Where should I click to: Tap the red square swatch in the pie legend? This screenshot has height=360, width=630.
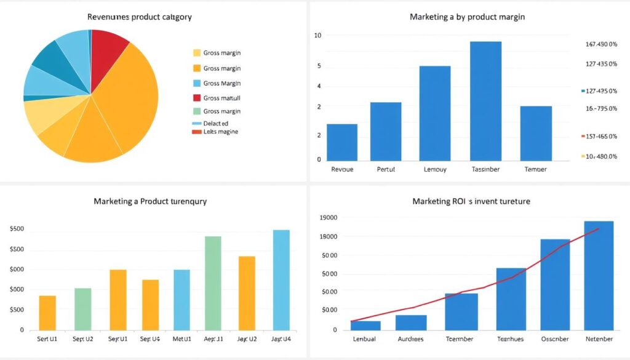pos(197,98)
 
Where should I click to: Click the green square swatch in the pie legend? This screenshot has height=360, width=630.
pos(197,111)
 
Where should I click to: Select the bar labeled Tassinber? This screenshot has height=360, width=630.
pos(485,101)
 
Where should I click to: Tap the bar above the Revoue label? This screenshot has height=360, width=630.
pos(341,142)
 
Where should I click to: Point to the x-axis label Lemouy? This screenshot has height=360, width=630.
pos(435,169)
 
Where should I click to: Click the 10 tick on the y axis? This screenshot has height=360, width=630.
pos(317,36)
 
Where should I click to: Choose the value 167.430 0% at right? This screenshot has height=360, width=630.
pos(601,44)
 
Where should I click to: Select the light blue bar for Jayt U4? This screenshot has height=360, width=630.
pos(281,280)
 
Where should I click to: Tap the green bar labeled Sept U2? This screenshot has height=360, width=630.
pos(83,309)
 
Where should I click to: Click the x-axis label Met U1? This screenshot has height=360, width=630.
pos(181,339)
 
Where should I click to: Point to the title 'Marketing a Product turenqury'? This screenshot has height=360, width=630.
pos(150,201)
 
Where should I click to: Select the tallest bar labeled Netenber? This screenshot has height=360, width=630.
pos(599,275)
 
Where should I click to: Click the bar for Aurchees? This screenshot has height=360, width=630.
pos(411,322)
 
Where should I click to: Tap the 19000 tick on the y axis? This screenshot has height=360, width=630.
pos(329,217)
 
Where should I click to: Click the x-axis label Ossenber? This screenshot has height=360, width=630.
pos(555,339)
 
